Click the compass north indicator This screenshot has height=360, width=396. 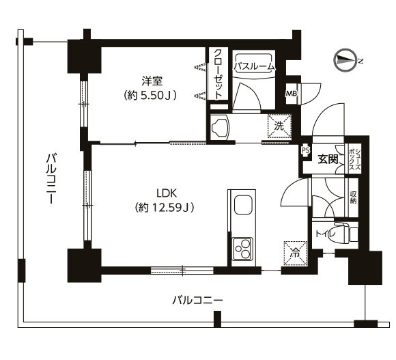click(x=346, y=61)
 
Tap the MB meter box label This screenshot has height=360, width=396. click(x=292, y=94)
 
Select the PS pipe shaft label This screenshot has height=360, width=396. click(x=305, y=150)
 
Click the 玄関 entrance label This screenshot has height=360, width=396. click(x=328, y=160)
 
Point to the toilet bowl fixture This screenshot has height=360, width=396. click(x=345, y=232)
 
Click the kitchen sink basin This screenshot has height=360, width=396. click(x=244, y=205)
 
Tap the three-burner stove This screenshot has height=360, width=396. click(x=242, y=249)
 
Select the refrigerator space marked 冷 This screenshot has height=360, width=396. click(x=296, y=253)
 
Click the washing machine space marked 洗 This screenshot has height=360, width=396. click(x=279, y=126)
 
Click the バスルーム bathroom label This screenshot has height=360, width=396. click(x=253, y=67)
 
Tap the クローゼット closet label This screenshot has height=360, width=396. click(x=218, y=74)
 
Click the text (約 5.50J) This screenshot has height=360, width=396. click(x=150, y=95)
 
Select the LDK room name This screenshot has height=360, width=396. click(x=167, y=193)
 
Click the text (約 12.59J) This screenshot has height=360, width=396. click(x=165, y=208)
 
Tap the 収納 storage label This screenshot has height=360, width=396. click(x=353, y=197)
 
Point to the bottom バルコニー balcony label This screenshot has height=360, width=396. click(x=198, y=301)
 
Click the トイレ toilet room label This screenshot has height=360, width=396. click(x=325, y=234)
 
